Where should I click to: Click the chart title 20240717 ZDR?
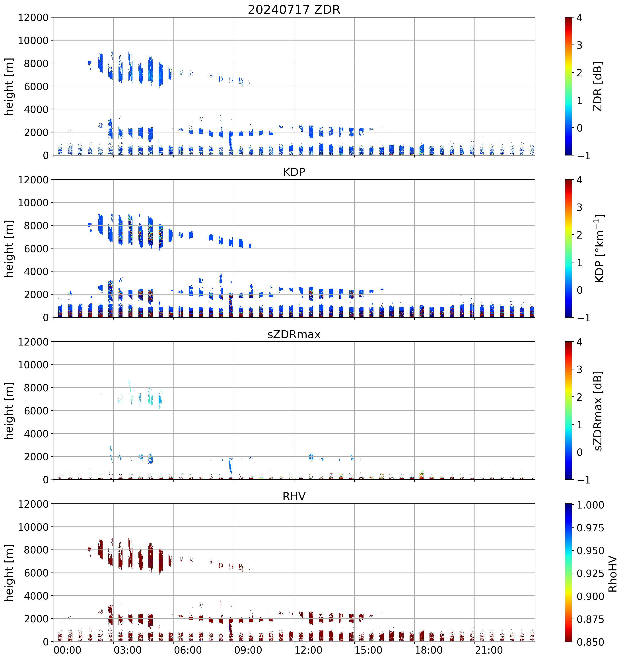(294, 10)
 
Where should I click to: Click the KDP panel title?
(294, 172)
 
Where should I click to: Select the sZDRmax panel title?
(294, 334)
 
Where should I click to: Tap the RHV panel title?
(294, 496)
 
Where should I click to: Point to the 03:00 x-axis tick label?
(128, 650)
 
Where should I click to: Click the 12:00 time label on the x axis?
(308, 650)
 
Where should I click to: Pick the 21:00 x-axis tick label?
(488, 650)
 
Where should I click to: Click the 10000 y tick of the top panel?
(33, 41)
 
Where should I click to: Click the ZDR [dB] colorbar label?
(598, 86)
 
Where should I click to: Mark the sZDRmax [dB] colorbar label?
(598, 411)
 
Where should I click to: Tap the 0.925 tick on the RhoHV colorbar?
(590, 573)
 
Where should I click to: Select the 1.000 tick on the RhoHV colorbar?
(590, 505)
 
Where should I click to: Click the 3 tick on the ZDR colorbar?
(579, 45)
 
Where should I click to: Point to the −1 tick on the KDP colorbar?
(583, 318)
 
